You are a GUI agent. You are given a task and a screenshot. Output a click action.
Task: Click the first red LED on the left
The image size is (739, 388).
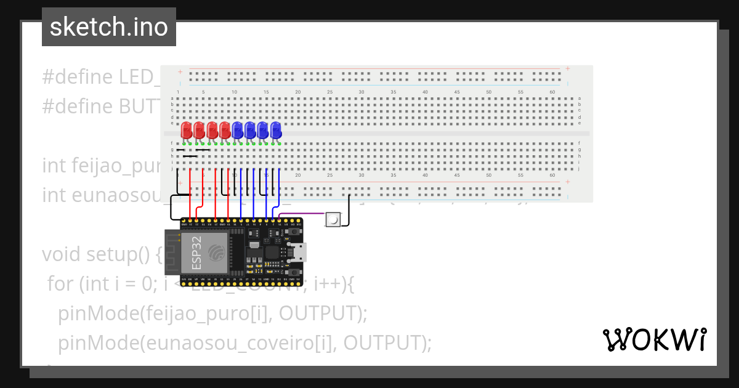point(186,130)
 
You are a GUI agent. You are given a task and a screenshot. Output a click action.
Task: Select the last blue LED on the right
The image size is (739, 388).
point(276,130)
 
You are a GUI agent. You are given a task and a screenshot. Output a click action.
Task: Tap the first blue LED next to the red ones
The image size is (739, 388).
point(238,130)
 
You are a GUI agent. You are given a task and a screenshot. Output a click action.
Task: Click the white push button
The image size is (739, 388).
point(333,219)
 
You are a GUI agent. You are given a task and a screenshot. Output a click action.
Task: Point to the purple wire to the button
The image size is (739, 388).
point(302,214)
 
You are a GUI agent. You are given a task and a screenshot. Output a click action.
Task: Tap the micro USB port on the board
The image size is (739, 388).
point(301,251)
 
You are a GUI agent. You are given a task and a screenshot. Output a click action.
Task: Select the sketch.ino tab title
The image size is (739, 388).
point(109,27)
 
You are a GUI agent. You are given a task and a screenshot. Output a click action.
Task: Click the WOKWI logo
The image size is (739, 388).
point(654,340)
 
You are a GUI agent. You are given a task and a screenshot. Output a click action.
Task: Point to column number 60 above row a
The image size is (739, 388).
point(552,92)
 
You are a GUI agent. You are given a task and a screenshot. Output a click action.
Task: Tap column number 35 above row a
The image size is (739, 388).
point(393,92)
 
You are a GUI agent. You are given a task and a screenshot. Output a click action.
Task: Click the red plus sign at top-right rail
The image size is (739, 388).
point(567,68)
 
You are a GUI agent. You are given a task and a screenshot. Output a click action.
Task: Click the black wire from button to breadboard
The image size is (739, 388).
point(349,209)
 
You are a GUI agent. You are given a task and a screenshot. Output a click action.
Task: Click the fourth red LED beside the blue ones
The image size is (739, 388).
point(225,130)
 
